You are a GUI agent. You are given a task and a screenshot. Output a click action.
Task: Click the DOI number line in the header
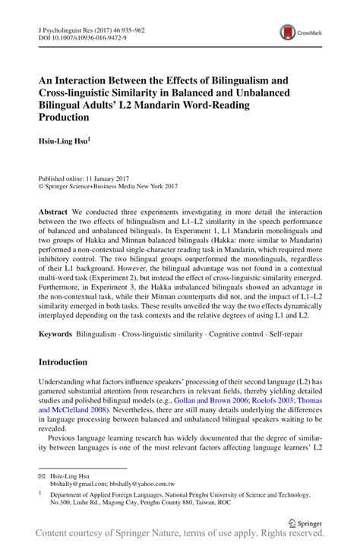tap(73, 36)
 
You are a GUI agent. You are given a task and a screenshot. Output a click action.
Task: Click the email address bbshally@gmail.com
tap(79, 483)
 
